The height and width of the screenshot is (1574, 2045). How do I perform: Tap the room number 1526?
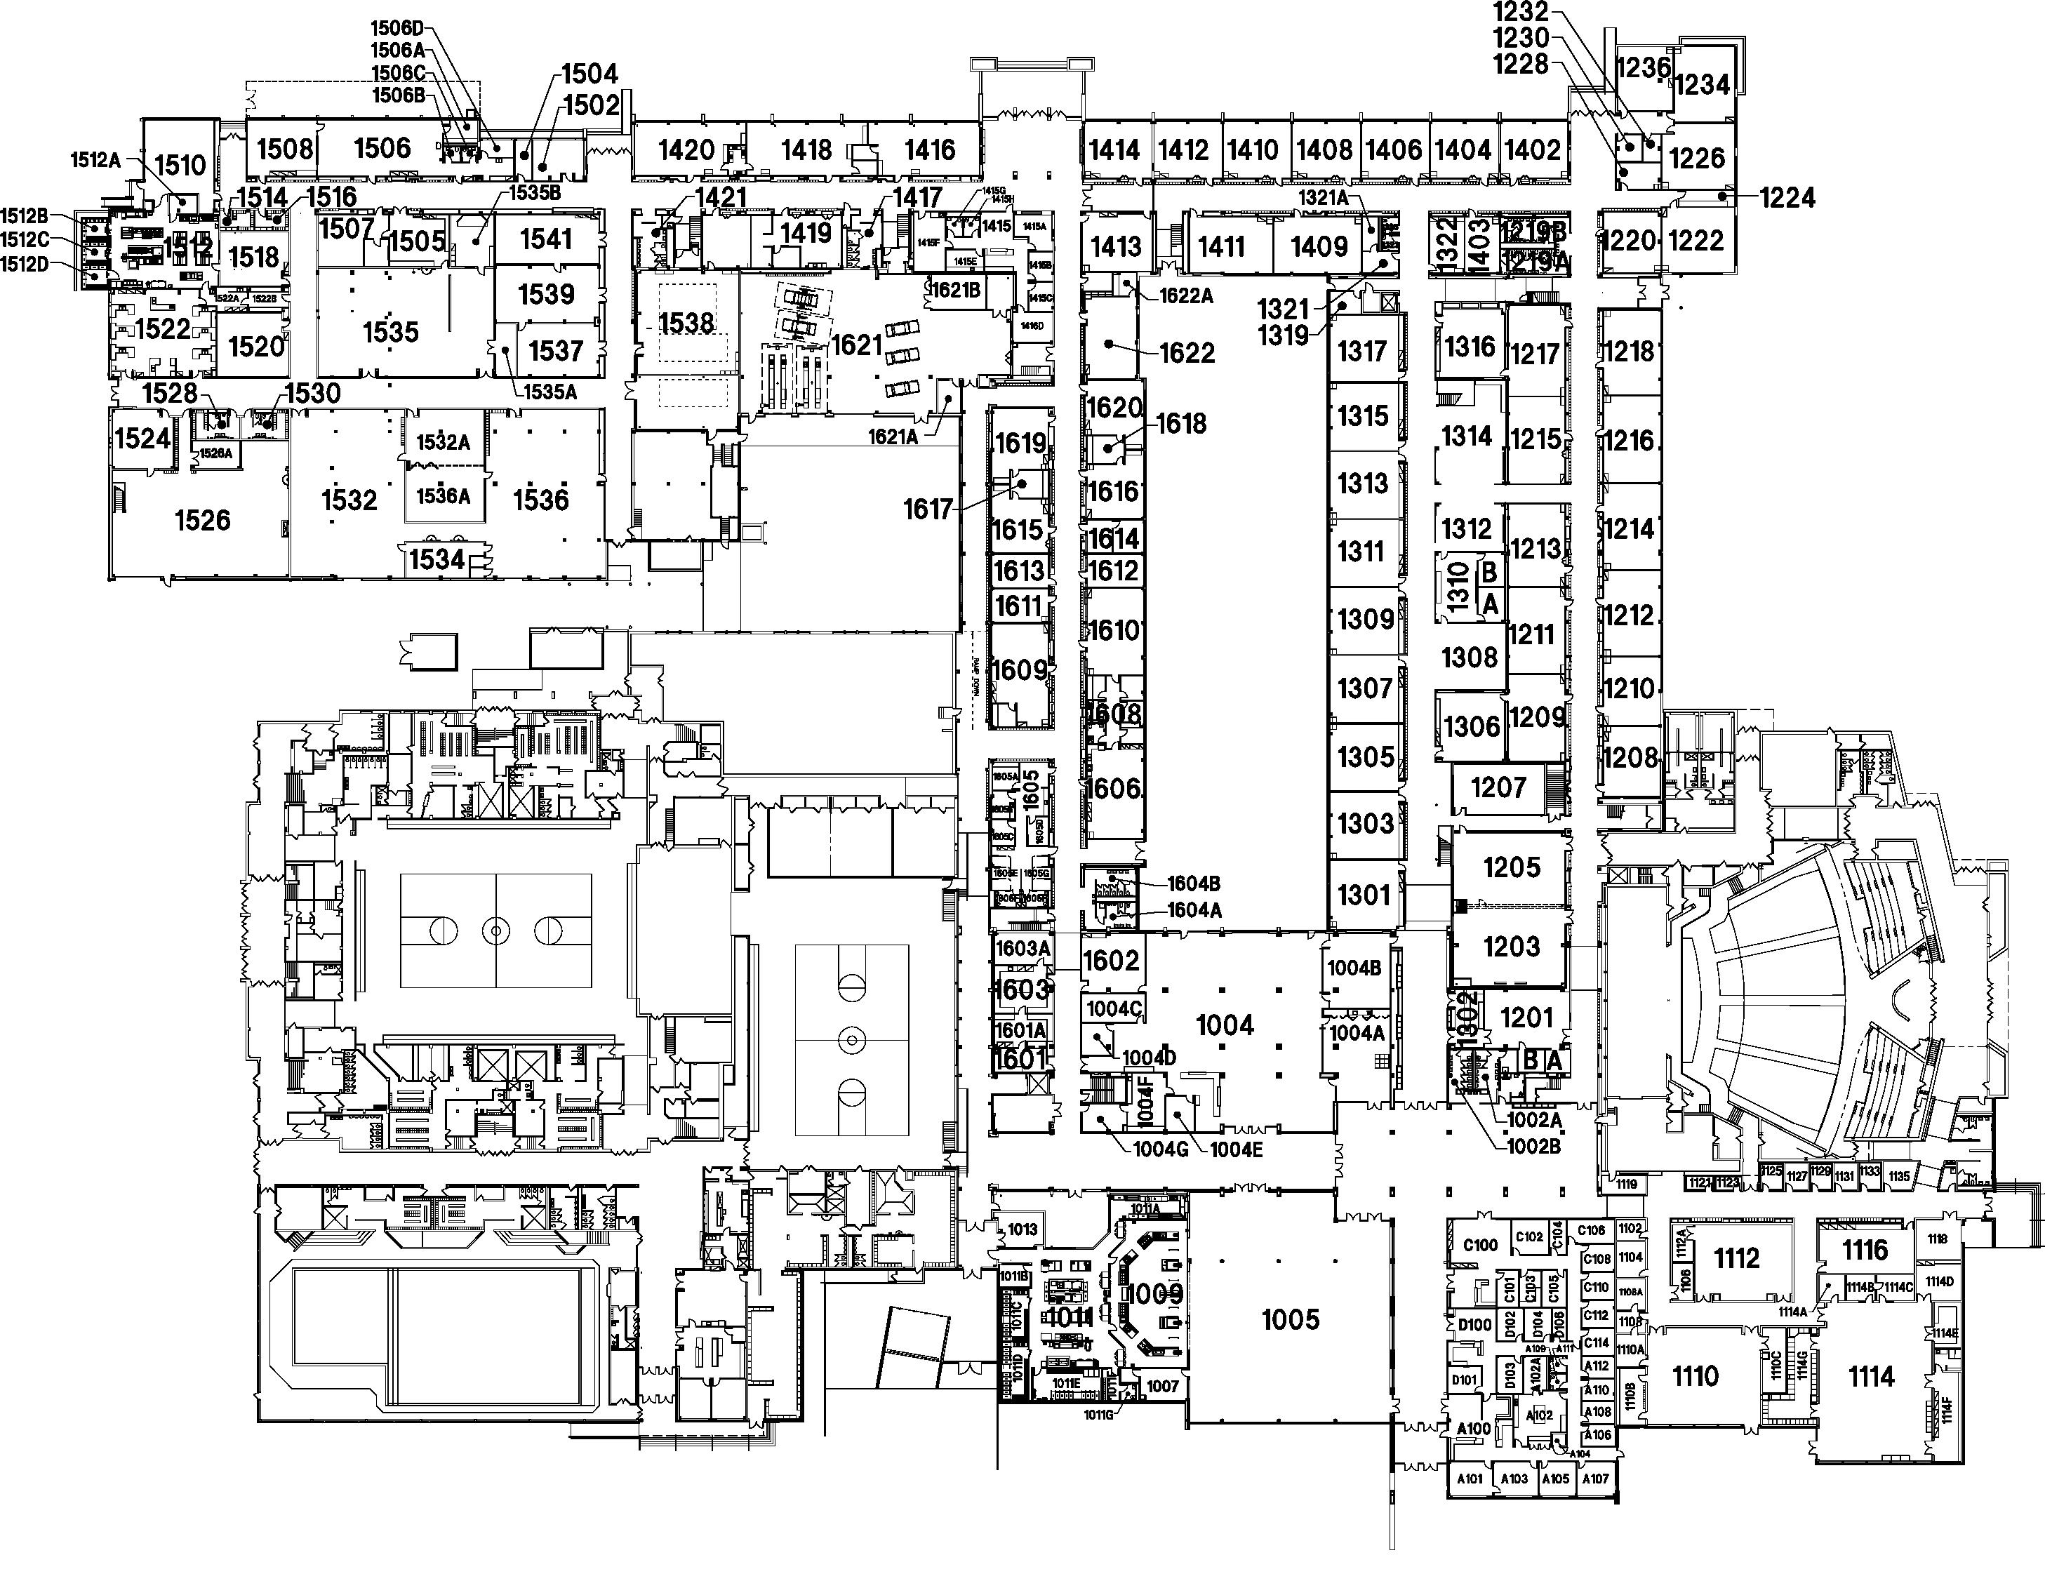point(202,521)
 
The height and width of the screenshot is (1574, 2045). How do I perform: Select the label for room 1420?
point(686,149)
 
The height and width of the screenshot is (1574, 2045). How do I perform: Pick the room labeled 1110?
point(1695,1375)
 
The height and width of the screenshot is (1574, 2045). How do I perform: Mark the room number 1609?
point(1019,669)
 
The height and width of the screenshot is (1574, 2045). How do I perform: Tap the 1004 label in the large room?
point(1225,1025)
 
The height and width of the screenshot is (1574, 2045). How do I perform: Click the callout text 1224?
point(1787,198)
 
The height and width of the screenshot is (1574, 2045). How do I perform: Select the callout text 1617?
point(927,509)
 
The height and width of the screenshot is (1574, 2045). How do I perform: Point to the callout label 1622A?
point(1185,296)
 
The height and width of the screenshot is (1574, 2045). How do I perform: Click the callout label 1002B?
point(1533,1145)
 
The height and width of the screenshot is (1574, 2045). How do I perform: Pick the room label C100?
point(1479,1244)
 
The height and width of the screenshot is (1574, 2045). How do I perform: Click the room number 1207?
point(1498,787)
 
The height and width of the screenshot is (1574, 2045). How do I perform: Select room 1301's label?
point(1364,895)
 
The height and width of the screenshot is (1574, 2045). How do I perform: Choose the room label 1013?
point(1022,1229)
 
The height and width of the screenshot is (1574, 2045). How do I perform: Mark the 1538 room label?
point(686,324)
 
